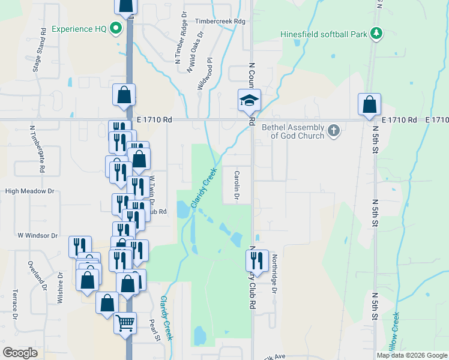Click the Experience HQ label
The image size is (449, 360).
tap(80, 29)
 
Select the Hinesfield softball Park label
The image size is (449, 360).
tap(324, 34)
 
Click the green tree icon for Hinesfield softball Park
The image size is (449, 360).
tap(376, 33)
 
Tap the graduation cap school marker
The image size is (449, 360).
tap(249, 101)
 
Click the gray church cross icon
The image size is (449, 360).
tap(334, 130)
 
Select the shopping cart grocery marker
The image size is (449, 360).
tap(125, 323)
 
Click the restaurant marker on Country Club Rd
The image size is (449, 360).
tap(257, 260)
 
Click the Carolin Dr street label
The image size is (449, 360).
tap(236, 186)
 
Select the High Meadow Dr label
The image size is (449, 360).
tap(29, 191)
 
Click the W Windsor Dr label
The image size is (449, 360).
tap(37, 236)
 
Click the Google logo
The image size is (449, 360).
tap(20, 353)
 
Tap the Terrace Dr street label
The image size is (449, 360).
tap(15, 304)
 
